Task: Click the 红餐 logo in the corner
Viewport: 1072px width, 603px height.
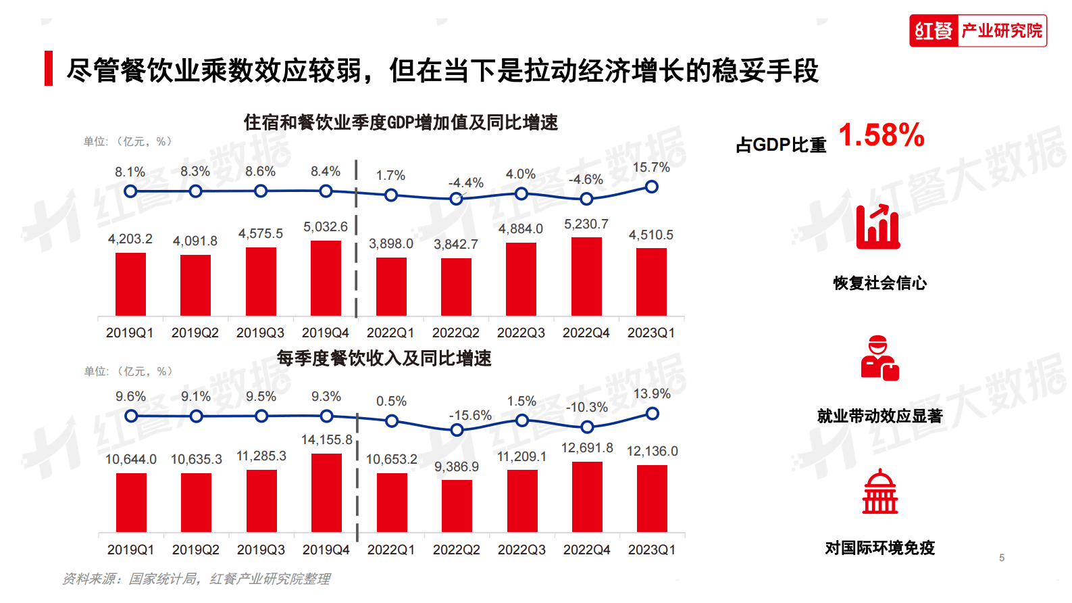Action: (x=977, y=30)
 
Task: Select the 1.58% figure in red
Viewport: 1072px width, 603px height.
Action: (x=881, y=135)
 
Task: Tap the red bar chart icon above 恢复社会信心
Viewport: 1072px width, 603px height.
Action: (x=877, y=227)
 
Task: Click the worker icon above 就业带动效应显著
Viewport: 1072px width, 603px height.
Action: (x=879, y=358)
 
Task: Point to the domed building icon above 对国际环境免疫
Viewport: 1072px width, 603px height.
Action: (x=879, y=491)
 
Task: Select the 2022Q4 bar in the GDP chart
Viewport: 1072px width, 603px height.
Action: (x=586, y=276)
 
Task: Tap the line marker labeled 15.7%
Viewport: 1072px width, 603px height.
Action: (x=651, y=187)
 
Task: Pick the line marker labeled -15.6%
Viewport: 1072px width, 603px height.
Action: (x=457, y=430)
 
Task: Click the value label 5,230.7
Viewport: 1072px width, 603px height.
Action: (x=586, y=224)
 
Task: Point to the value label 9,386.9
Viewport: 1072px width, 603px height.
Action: (x=456, y=466)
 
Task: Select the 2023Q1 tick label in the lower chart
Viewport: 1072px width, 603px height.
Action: (x=651, y=550)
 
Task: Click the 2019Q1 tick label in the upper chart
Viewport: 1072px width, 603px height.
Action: (x=130, y=333)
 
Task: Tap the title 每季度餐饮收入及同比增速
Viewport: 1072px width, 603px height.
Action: (x=384, y=358)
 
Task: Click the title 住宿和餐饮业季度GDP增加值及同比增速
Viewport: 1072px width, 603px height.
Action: (x=401, y=122)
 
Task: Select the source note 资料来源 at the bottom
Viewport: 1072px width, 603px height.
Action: (x=196, y=579)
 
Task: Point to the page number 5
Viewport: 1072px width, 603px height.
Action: (x=1001, y=558)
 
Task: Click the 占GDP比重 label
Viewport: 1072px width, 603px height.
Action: (x=780, y=145)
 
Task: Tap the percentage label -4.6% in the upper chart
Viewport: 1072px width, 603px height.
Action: (x=585, y=179)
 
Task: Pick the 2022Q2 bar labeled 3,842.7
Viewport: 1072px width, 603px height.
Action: (x=456, y=287)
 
